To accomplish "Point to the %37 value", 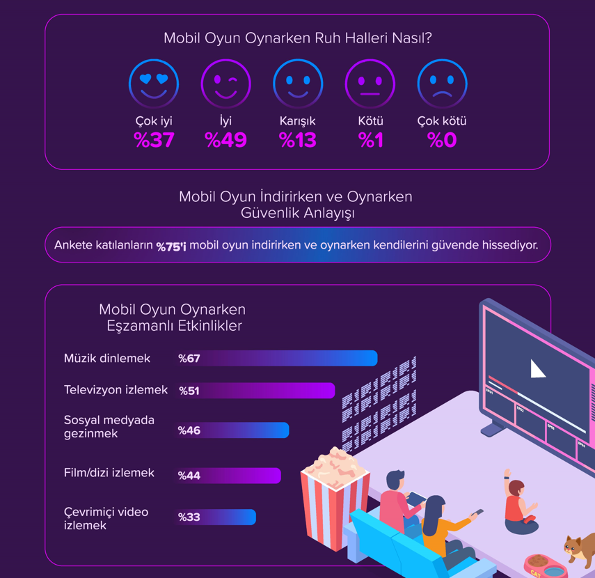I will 154,141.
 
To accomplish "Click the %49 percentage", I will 226,141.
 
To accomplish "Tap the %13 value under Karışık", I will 297,141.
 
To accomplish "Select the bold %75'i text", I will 171,246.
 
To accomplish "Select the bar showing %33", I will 216,517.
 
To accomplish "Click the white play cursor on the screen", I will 537,368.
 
